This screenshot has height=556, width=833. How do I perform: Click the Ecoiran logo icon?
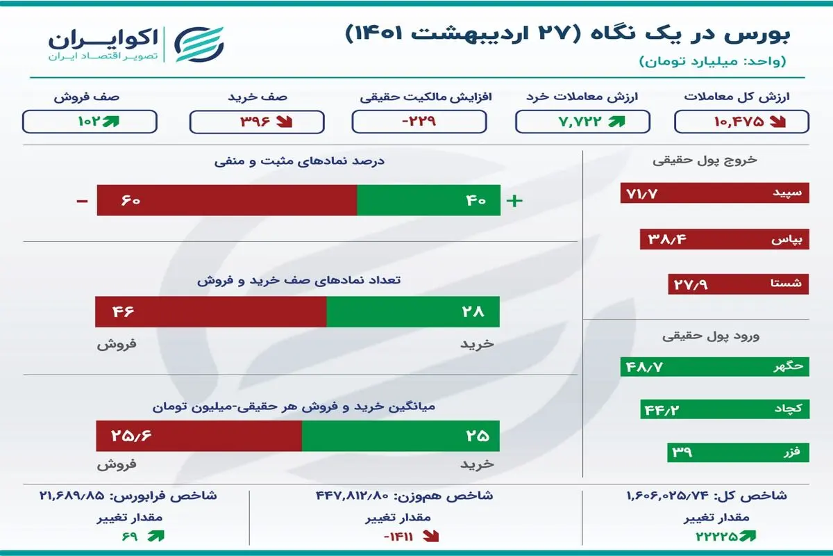199,44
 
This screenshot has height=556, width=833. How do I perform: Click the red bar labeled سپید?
714,193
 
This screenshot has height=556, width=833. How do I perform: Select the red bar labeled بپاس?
725,239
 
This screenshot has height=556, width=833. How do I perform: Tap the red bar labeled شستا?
738,284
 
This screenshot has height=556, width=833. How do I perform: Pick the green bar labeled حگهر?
714,367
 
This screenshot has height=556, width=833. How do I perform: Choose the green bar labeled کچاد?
725,409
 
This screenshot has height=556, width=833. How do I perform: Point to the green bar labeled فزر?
738,452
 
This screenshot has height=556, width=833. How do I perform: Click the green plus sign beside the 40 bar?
514,201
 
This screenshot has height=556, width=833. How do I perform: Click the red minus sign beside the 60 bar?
82,202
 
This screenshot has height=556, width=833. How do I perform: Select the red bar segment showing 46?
211,311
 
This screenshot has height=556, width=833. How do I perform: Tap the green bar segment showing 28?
413,311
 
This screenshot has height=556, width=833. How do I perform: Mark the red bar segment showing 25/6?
199,436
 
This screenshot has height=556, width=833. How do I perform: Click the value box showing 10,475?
741,122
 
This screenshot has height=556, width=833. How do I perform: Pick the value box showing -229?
419,122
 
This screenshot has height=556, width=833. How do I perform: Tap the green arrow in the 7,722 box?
616,122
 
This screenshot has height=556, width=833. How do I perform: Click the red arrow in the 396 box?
285,122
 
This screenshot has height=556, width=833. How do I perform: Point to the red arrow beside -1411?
430,537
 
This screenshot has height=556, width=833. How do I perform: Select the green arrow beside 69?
155,536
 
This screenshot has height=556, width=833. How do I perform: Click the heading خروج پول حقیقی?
705,160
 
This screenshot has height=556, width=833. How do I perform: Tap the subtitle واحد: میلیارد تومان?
712,61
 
